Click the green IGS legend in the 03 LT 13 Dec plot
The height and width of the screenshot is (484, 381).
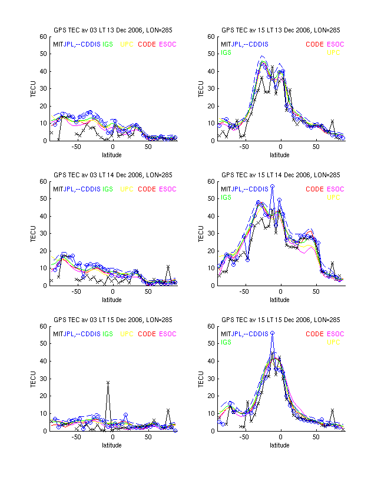coord(108,44)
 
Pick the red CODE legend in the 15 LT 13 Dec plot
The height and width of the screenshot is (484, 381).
coord(314,44)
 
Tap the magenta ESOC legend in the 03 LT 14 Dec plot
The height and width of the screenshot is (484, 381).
coord(168,189)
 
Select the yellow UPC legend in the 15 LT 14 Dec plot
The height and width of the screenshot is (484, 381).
coord(333,197)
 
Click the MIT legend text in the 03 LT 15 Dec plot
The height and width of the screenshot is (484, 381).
coord(58,334)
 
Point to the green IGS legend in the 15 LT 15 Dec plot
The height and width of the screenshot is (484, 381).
coord(226,342)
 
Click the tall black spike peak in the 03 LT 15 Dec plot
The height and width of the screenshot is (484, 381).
coord(108,382)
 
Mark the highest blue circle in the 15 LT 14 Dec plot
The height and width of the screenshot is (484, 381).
coord(272,186)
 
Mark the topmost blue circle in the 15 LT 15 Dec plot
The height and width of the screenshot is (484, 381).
coord(272,333)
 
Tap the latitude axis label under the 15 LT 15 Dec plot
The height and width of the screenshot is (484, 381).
coord(280,445)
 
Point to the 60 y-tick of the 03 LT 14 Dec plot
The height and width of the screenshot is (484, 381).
coord(44,181)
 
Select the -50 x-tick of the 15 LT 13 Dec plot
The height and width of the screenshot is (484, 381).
coord(244,147)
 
